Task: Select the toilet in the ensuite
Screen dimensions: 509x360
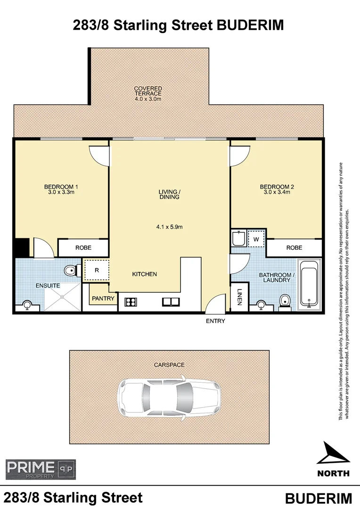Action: pyautogui.click(x=71, y=271)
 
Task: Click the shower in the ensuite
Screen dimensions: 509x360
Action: pyautogui.click(x=62, y=297)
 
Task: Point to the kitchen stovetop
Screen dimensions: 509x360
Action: pyautogui.click(x=131, y=303)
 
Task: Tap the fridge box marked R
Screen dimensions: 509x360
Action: pyautogui.click(x=96, y=271)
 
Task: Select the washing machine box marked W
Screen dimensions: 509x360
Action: pyautogui.click(x=256, y=239)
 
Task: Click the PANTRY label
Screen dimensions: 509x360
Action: pyautogui.click(x=102, y=298)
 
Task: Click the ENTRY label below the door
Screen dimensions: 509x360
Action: pyautogui.click(x=215, y=321)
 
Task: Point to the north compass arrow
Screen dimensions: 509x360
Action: pyautogui.click(x=333, y=454)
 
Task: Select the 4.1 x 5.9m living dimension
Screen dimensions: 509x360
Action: pyautogui.click(x=169, y=227)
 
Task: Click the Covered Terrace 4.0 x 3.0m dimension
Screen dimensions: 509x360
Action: pyautogui.click(x=148, y=99)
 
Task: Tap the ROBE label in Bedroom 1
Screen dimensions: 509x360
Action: pyautogui.click(x=83, y=247)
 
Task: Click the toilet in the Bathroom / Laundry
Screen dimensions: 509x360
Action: pyautogui.click(x=284, y=301)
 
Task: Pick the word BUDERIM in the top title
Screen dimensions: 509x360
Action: pyautogui.click(x=250, y=25)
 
